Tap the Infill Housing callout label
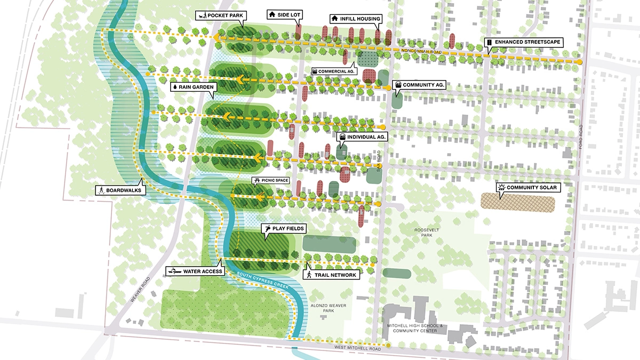tap(355, 19)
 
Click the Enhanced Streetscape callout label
tap(523, 42)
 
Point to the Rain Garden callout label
tap(193, 85)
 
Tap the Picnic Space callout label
tap(271, 181)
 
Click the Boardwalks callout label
tap(121, 190)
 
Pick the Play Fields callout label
tap(284, 228)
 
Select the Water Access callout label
tap(193, 271)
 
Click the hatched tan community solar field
tap(517, 201)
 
